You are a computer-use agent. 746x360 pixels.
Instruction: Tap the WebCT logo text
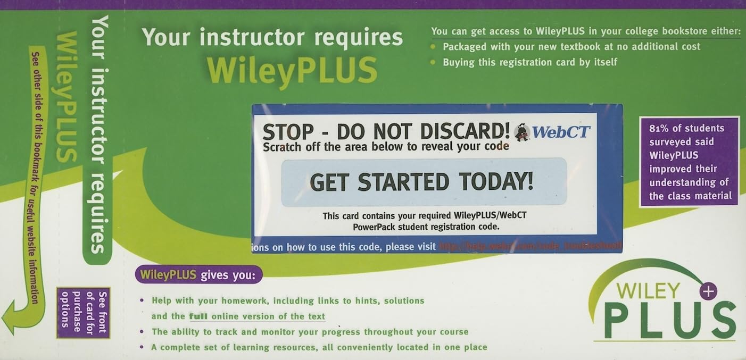pos(561,131)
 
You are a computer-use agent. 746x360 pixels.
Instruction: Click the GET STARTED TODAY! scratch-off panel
pos(421,182)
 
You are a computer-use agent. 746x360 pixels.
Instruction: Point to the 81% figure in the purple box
pos(660,128)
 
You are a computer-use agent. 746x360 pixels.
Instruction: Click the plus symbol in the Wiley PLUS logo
pos(709,290)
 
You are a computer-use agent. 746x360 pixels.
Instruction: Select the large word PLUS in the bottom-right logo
pos(669,320)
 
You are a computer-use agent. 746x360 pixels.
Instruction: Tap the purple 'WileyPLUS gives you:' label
pos(198,275)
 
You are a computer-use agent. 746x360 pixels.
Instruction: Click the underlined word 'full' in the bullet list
pos(198,316)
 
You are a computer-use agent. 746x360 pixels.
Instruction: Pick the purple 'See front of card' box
pos(83,312)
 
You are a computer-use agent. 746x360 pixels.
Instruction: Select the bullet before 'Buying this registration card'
pos(432,62)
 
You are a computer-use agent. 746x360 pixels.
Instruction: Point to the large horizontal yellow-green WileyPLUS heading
pos(292,71)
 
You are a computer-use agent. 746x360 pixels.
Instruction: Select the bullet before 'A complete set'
pos(142,347)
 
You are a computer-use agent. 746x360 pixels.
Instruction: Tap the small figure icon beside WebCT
pos(522,132)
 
